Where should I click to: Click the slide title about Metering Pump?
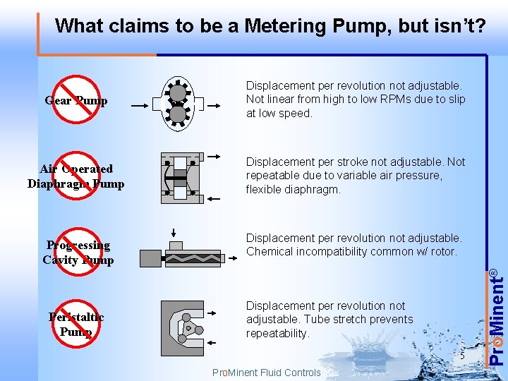(270, 26)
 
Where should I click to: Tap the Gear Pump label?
(76, 100)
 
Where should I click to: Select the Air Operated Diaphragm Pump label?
(75, 176)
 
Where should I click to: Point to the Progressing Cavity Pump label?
(78, 252)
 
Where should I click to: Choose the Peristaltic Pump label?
(76, 324)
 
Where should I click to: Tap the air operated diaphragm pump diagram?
(180, 177)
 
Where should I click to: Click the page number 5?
(461, 356)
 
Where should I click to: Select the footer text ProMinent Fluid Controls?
(266, 373)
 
